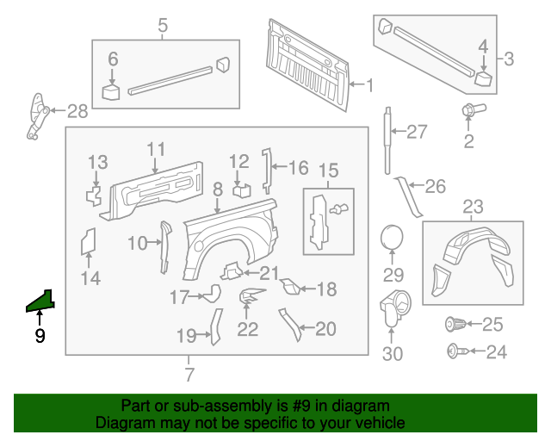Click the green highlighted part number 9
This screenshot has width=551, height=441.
pos(40,301)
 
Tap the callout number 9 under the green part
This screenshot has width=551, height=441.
pos(40,336)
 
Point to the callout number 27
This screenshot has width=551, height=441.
pos(417,132)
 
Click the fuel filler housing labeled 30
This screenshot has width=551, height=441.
pos(393,307)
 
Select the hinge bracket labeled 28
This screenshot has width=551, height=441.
pos(35,115)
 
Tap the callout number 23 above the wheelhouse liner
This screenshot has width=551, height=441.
pos(474,207)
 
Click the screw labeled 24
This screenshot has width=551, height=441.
pos(455,351)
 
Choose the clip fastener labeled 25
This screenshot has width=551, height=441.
pos(455,325)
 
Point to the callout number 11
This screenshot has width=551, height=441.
pos(155,149)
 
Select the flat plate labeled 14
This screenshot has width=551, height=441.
pos(88,242)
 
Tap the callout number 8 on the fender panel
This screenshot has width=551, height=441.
pos(218,188)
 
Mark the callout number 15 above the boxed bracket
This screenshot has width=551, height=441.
pos(328,171)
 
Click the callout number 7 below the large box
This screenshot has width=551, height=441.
pos(189,375)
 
